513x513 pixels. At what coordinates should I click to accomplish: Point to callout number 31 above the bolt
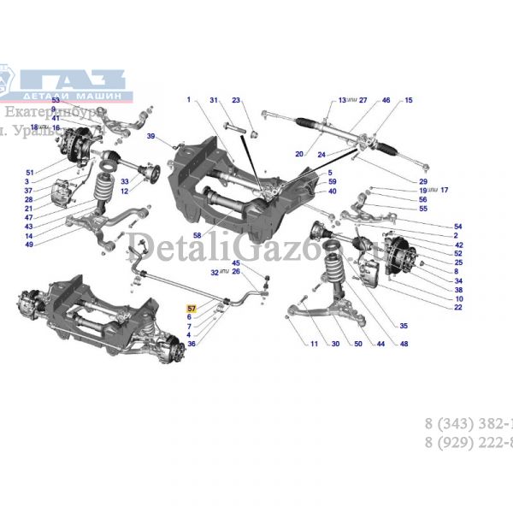pos(215,101)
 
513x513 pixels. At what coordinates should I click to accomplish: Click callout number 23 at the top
pos(237,101)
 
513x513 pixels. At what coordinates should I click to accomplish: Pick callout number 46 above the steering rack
pos(386,101)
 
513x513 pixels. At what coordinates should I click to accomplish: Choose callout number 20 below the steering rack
pos(299,155)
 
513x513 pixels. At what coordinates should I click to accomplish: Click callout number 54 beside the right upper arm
pos(457,227)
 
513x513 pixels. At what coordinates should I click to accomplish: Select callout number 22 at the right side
pos(457,307)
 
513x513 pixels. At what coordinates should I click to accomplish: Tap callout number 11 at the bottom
pos(313,344)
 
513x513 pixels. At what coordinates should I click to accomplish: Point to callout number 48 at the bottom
pos(404,344)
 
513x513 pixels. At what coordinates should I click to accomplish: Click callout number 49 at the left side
pos(28,245)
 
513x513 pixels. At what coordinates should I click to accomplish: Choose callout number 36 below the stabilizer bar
pos(192,344)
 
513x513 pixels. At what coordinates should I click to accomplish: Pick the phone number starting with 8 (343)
pos(469,424)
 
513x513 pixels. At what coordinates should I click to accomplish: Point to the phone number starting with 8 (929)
pos(469,443)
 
